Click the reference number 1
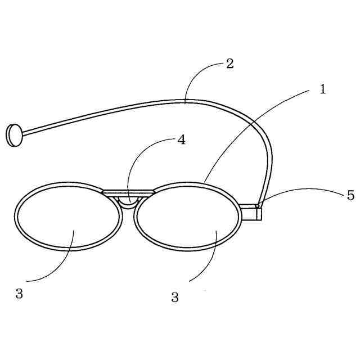click(x=323, y=89)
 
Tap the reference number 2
click(x=229, y=64)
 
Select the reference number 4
click(x=181, y=140)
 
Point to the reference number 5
click(x=350, y=196)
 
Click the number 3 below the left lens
click(x=19, y=294)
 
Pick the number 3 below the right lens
click(x=175, y=298)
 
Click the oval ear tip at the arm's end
click(x=13, y=136)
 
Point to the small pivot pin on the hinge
click(x=258, y=206)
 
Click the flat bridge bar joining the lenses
click(x=128, y=193)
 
